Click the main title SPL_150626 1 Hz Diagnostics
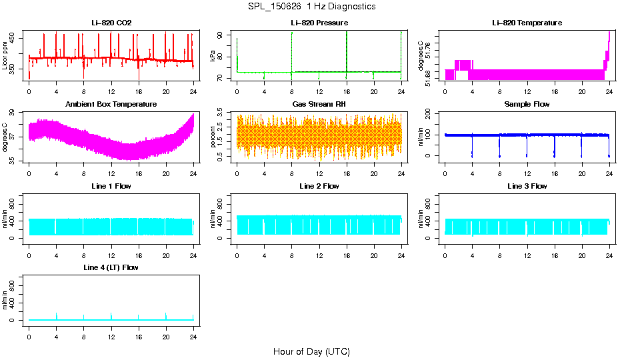pos(311,7)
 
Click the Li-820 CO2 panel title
pos(111,23)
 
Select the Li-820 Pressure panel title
pos(319,23)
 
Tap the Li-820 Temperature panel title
pos(527,23)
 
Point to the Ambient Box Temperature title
pos(111,105)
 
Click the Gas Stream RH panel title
pos(319,105)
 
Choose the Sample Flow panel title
pos(527,105)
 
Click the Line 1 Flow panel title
pos(111,186)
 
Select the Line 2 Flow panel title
pos(319,186)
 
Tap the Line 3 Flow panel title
pos(527,186)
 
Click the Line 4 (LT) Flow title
pos(111,267)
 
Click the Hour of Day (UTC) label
pos(311,351)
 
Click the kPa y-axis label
pos(213,57)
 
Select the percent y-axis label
pos(213,137)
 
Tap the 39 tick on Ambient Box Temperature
pos(15,114)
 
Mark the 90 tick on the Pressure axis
pos(223,34)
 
